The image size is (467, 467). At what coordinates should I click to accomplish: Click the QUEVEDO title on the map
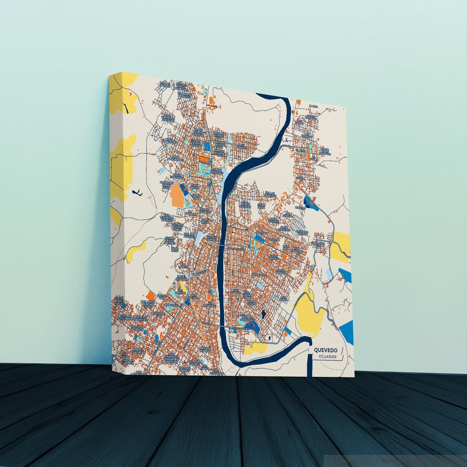[x=325, y=350]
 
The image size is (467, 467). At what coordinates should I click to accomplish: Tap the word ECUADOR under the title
[x=327, y=357]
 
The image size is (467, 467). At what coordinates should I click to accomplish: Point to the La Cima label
[x=313, y=106]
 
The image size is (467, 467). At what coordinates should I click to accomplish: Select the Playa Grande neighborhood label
[x=241, y=146]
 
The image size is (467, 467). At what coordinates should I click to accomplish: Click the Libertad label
[x=300, y=208]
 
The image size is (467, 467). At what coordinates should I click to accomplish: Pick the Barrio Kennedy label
[x=205, y=211]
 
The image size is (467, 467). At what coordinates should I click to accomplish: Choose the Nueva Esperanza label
[x=177, y=176]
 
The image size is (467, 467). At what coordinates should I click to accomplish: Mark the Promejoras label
[x=259, y=275]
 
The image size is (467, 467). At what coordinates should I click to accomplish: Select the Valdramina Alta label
[x=318, y=244]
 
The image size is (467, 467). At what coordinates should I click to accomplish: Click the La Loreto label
[x=183, y=266]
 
